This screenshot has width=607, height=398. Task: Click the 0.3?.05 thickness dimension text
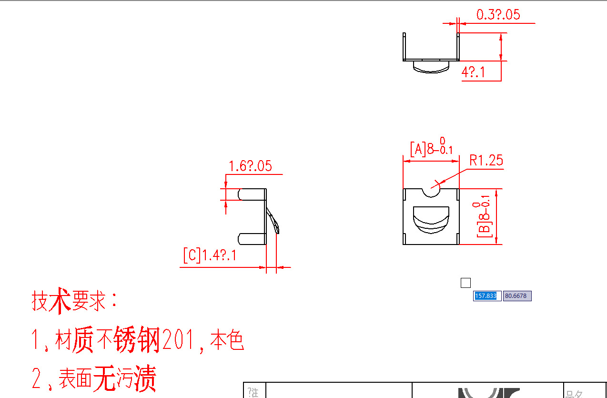tap(498, 15)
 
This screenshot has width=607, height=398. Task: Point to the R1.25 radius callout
tap(486, 160)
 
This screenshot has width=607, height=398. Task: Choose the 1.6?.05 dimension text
tap(250, 166)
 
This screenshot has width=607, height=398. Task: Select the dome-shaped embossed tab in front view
tap(431, 220)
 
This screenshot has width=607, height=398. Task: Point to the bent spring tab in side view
tap(273, 221)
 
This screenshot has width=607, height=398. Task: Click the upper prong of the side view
tap(252, 194)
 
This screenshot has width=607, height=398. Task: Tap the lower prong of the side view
tap(251, 239)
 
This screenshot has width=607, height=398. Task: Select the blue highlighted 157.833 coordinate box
tap(486, 296)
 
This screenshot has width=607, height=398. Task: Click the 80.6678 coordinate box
tap(516, 296)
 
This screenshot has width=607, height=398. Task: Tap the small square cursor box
tap(465, 283)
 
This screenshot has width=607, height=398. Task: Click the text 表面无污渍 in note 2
tap(107, 378)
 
